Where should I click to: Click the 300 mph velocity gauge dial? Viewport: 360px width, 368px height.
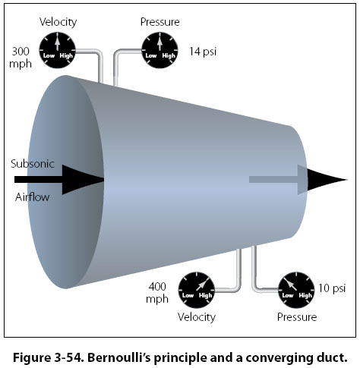(x=58, y=50)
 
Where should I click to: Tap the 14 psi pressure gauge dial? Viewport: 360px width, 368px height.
(x=159, y=50)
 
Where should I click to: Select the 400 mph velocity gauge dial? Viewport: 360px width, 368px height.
(x=197, y=290)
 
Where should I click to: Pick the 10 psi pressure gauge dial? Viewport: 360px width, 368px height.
(x=296, y=290)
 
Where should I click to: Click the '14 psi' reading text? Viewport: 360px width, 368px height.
(x=203, y=52)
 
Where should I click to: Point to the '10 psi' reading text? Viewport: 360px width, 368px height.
(x=332, y=288)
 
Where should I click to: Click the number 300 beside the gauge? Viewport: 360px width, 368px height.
(x=21, y=52)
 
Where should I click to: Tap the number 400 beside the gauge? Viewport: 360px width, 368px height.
(x=157, y=287)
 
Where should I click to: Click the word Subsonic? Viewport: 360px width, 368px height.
(x=33, y=164)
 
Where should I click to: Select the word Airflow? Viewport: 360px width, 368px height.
(x=32, y=197)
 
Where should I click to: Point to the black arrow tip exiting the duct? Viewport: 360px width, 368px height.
(x=327, y=180)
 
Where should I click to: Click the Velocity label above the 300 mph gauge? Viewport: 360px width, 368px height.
(x=58, y=22)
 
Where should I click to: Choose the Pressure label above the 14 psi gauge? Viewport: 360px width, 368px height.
(x=160, y=22)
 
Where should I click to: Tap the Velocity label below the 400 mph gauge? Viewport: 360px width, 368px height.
(x=197, y=317)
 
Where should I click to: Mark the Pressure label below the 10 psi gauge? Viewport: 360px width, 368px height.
(x=297, y=317)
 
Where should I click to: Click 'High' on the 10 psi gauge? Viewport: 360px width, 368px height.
(x=305, y=296)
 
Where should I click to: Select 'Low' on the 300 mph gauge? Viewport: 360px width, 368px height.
(x=49, y=55)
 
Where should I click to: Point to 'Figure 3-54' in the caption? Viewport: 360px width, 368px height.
(x=48, y=358)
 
